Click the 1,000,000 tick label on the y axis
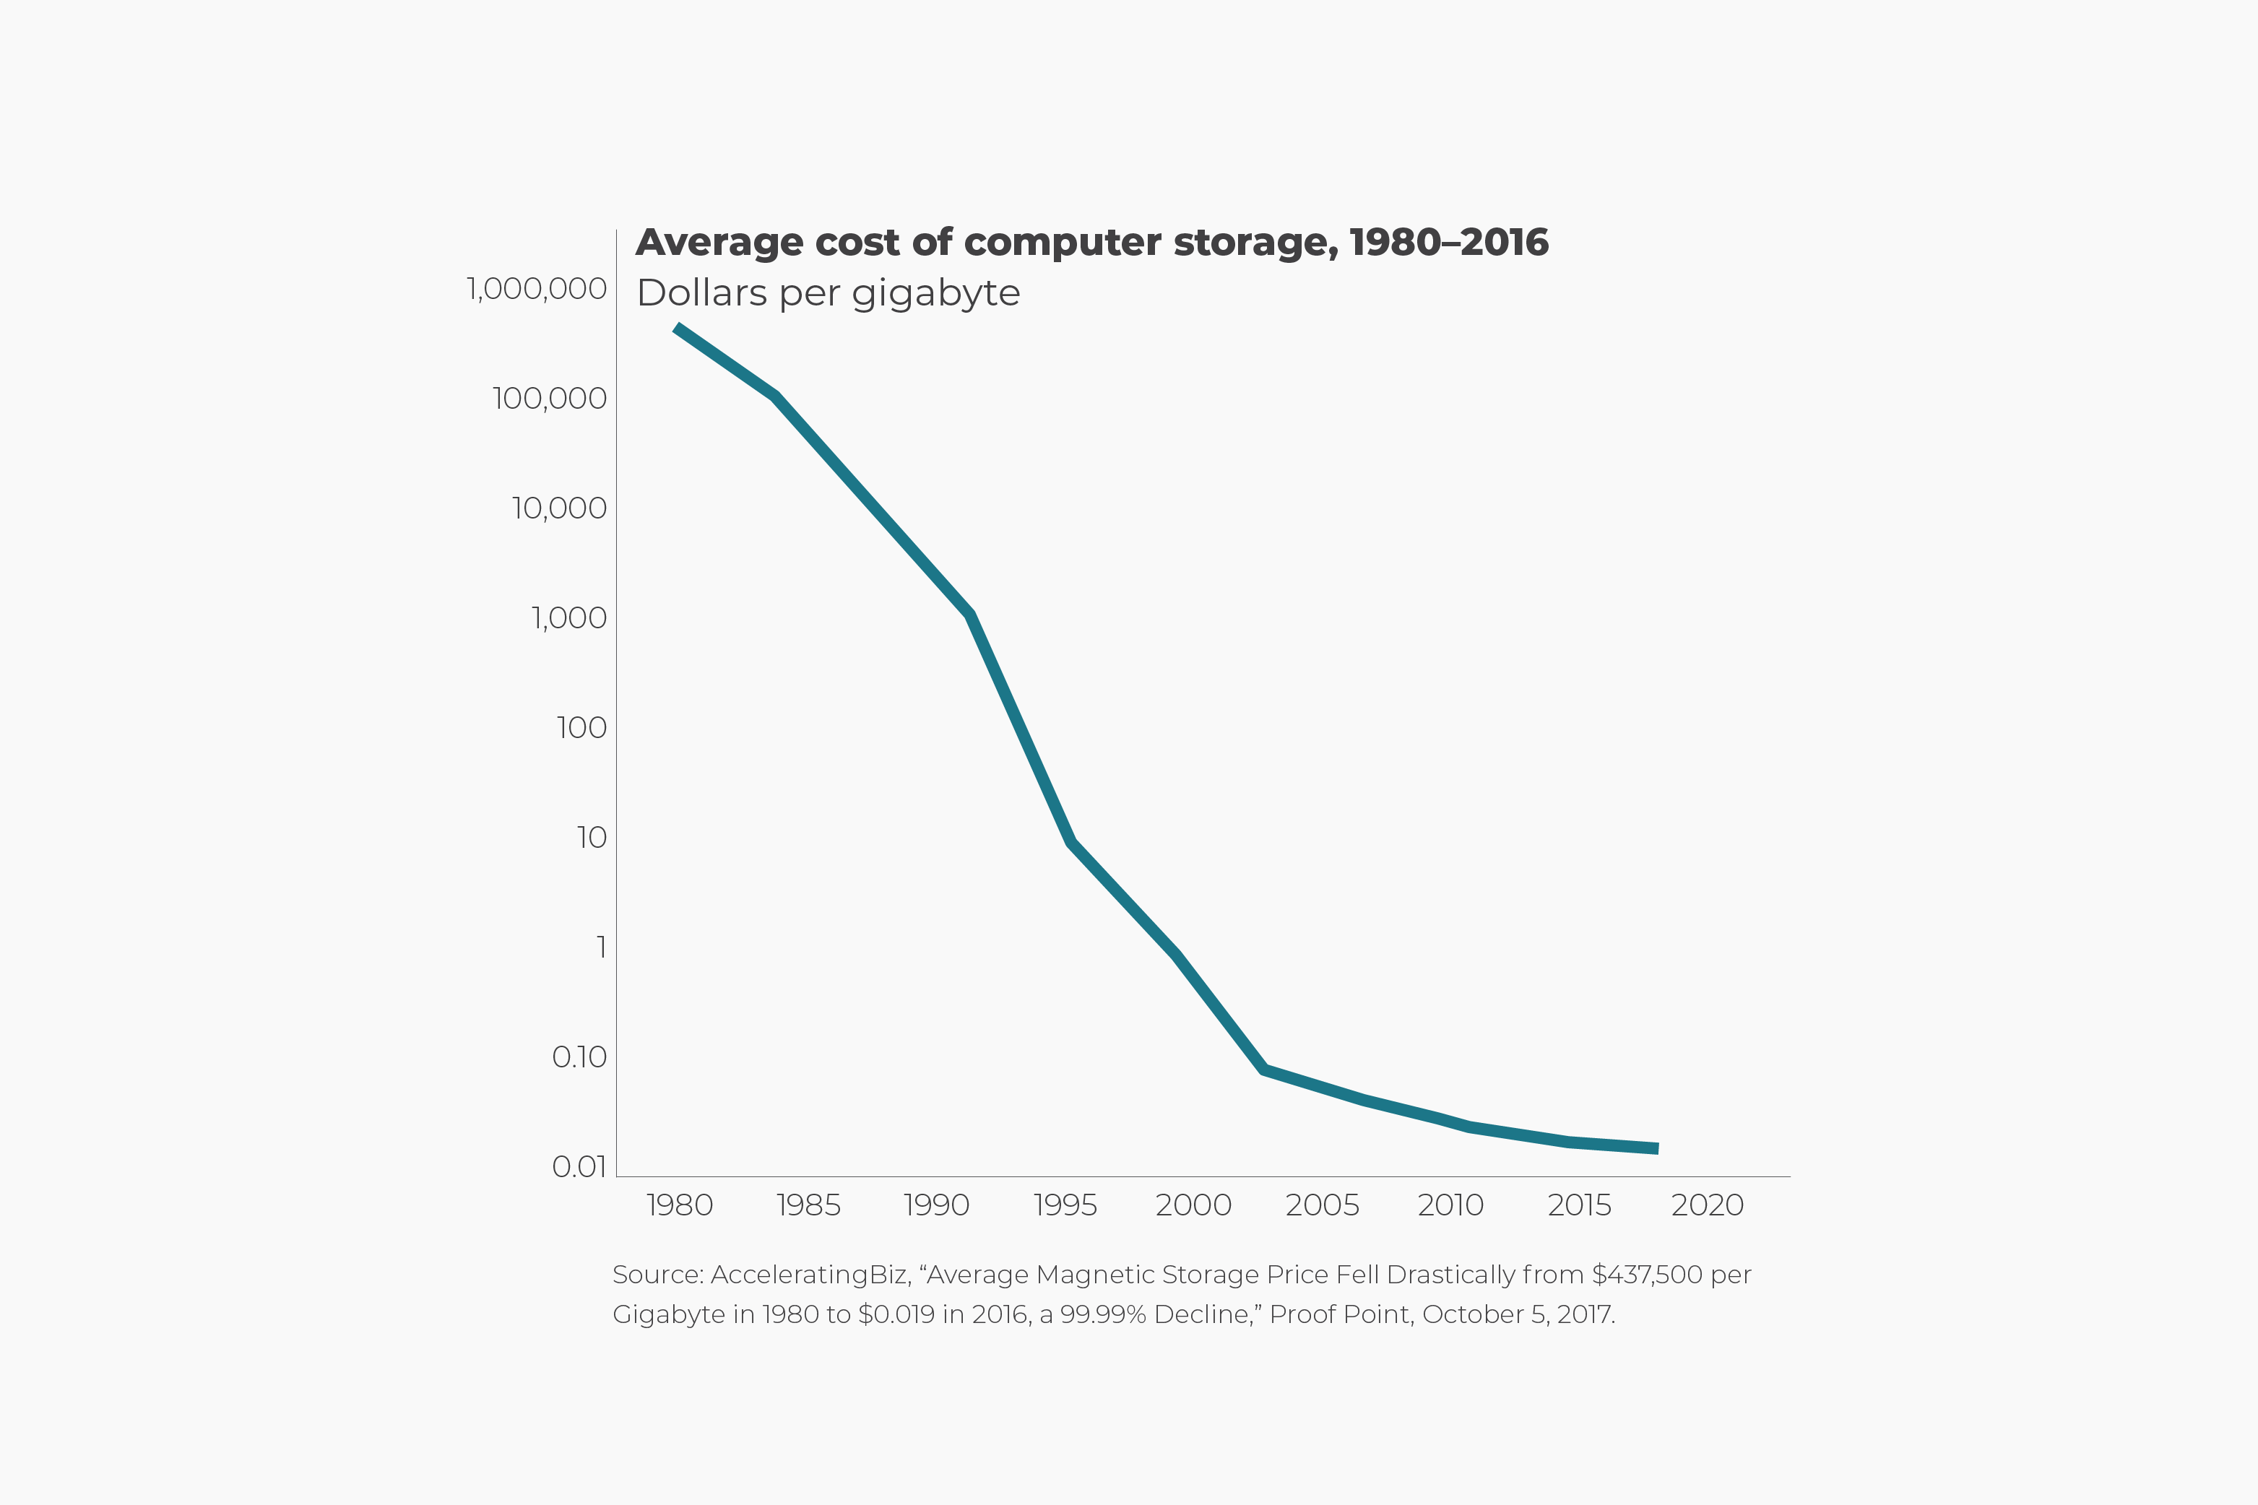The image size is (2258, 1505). point(536,288)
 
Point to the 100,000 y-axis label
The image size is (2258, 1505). point(549,399)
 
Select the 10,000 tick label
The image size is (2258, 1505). point(559,508)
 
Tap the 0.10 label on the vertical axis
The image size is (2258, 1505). point(579,1057)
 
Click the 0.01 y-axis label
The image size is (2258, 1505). point(579,1166)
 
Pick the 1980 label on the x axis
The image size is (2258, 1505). point(680,1205)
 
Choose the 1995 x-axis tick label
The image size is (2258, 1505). point(1065,1205)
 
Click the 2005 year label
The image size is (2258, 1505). point(1322,1205)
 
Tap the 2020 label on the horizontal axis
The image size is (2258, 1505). point(1707,1205)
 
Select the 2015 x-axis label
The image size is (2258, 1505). point(1579,1205)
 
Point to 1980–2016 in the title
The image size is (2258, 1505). point(1449,243)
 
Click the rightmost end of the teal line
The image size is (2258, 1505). point(1657,1148)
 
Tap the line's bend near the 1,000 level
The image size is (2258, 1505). point(972,615)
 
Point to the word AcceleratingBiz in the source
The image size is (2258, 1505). point(809,1275)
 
